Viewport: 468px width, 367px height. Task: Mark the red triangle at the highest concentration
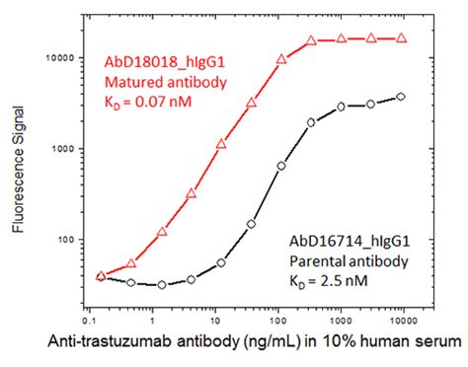coord(400,38)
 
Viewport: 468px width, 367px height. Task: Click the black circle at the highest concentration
coord(400,97)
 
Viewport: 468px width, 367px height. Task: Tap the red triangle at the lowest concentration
coord(102,276)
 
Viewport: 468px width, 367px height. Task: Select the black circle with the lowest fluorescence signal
coord(161,284)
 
